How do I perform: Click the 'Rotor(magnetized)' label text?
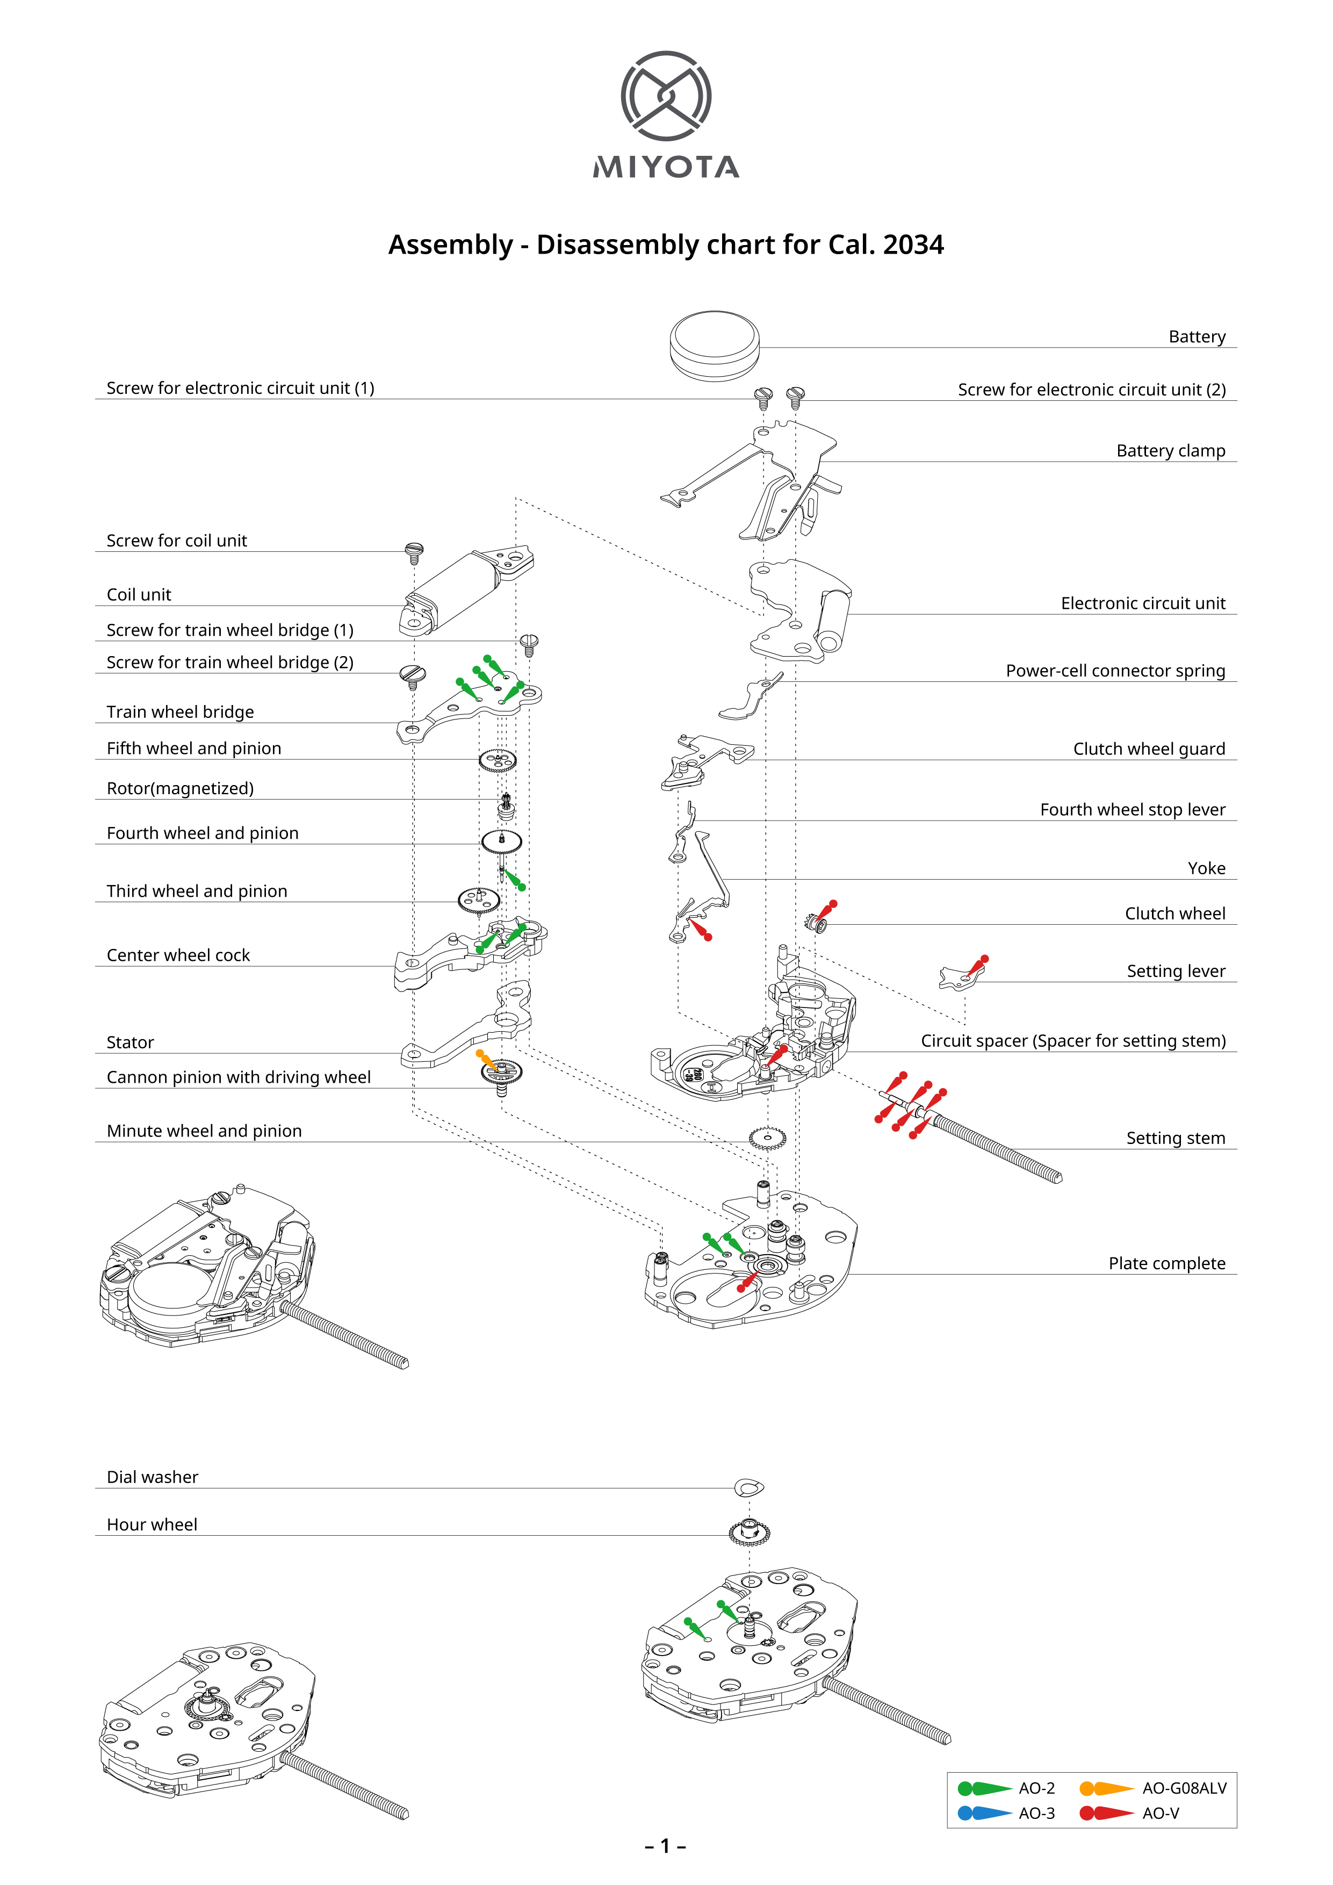180,788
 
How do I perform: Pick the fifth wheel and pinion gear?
498,761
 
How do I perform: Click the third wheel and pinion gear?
479,901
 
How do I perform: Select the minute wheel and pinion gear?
767,1139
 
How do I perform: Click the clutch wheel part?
818,925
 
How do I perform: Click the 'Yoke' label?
1206,868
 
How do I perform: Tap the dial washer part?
748,1486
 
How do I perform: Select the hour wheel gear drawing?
750,1531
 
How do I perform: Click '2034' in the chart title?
913,244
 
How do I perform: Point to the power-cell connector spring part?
748,700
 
